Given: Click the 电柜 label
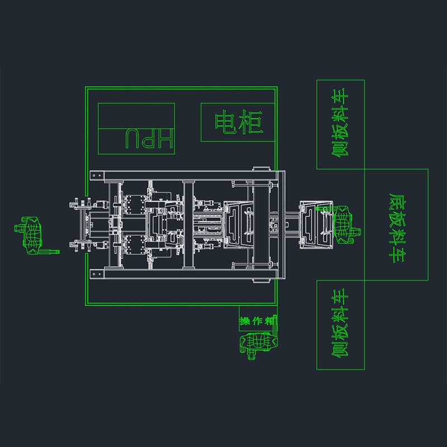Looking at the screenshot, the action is [239, 122].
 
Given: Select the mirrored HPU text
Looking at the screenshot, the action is [149, 139].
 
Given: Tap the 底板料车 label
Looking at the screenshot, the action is [397, 228].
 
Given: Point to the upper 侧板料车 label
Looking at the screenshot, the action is [340, 122].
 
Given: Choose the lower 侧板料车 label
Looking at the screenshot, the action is [340, 323].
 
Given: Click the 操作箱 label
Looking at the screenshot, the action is [258, 321].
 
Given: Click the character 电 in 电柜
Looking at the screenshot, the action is [226, 122].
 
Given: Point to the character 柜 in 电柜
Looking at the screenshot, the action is [251, 122].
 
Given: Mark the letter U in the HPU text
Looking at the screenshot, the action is [132, 139].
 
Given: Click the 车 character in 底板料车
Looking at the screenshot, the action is [397, 256].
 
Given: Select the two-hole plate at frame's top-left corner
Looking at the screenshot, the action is [97, 175].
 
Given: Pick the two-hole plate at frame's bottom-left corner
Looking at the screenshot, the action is [97, 274].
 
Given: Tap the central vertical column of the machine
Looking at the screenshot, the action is [188, 225].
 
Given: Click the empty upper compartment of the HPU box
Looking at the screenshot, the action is [136, 116].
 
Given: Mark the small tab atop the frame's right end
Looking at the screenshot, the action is [261, 169].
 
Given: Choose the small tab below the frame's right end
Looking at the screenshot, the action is [261, 281].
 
